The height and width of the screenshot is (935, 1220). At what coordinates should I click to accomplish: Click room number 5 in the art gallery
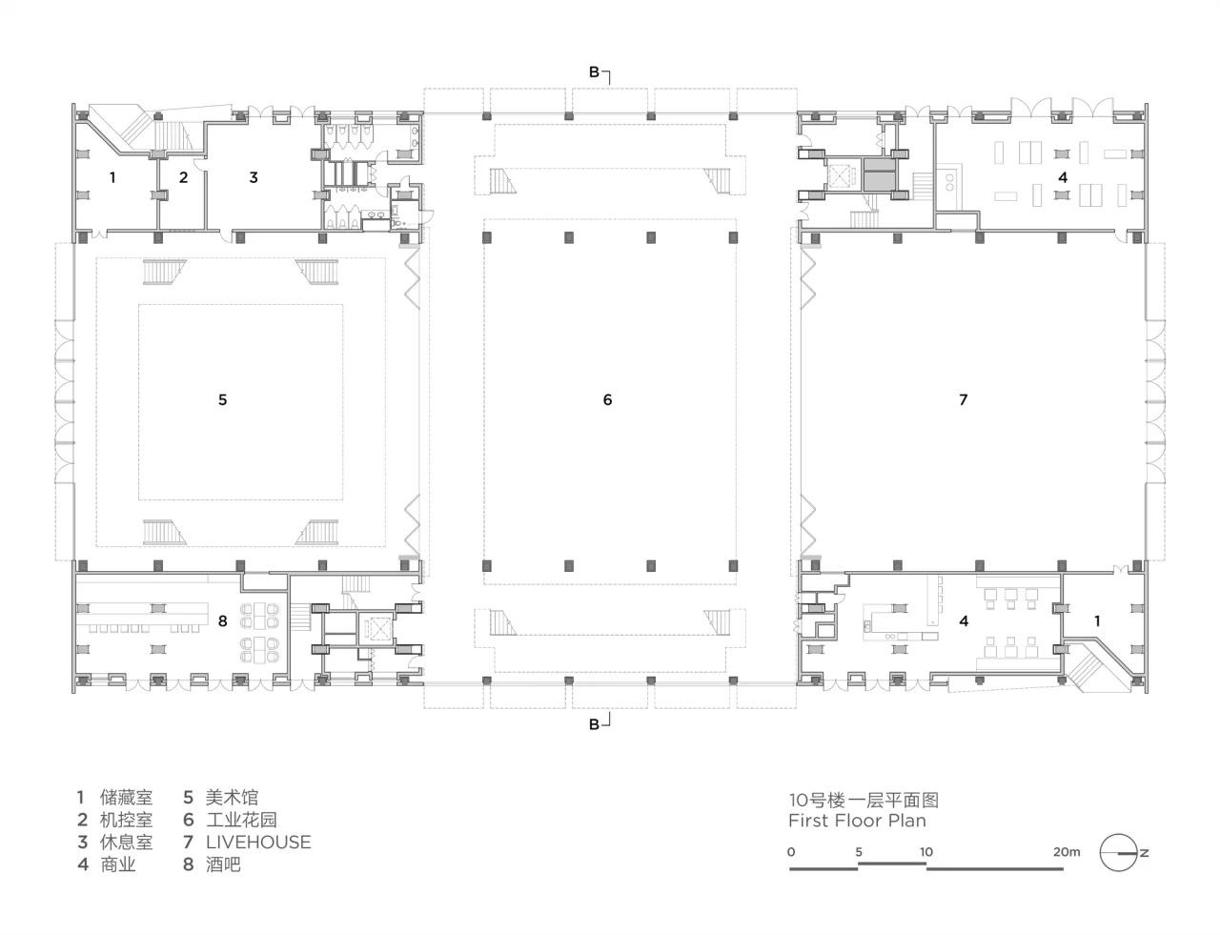click(x=223, y=399)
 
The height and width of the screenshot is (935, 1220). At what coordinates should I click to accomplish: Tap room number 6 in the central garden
click(x=607, y=399)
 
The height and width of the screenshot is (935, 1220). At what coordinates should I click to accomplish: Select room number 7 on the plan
click(x=964, y=399)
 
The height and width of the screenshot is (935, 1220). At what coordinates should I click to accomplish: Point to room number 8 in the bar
click(x=223, y=620)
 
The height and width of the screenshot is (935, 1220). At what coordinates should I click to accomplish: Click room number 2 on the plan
click(x=184, y=177)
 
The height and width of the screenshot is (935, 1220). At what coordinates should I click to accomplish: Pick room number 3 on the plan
click(x=254, y=177)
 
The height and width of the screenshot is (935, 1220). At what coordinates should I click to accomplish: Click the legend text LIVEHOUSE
click(x=258, y=843)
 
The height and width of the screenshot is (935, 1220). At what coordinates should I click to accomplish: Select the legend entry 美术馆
click(x=232, y=798)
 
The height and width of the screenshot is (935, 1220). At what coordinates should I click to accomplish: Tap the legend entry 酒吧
click(x=223, y=864)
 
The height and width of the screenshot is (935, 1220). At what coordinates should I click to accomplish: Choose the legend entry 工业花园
click(x=241, y=820)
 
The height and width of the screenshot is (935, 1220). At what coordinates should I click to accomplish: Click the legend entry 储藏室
click(x=127, y=798)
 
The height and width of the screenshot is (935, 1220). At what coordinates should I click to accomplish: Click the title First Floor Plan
click(x=857, y=821)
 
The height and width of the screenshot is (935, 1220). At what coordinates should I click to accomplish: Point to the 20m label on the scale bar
click(x=1067, y=852)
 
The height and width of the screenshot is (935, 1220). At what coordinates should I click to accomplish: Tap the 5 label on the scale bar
click(x=859, y=852)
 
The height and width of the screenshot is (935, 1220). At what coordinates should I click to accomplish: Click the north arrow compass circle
click(x=1118, y=852)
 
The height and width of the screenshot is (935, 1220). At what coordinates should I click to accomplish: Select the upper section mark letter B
click(x=594, y=71)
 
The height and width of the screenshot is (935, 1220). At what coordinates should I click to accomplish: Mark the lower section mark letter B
click(x=594, y=725)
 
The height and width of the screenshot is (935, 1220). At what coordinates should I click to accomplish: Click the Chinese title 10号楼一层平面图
click(x=864, y=800)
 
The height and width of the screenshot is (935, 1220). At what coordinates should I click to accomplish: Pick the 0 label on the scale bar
click(x=791, y=852)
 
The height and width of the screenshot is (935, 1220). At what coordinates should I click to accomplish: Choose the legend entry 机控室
click(x=127, y=820)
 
